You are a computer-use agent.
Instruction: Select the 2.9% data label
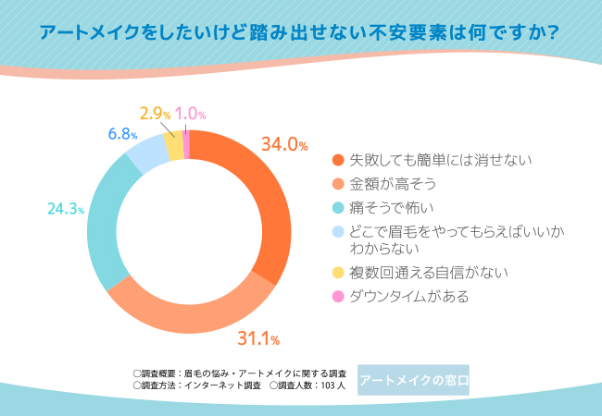coord(155,114)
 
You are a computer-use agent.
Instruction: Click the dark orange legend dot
coord(338,161)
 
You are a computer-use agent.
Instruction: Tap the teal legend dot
coord(338,206)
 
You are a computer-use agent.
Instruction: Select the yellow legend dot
coord(338,273)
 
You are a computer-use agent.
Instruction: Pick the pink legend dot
coord(338,297)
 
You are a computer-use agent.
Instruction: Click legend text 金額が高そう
coord(385,184)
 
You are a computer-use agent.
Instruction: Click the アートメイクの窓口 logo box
coord(413,380)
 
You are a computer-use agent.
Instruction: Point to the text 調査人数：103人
coord(307,385)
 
